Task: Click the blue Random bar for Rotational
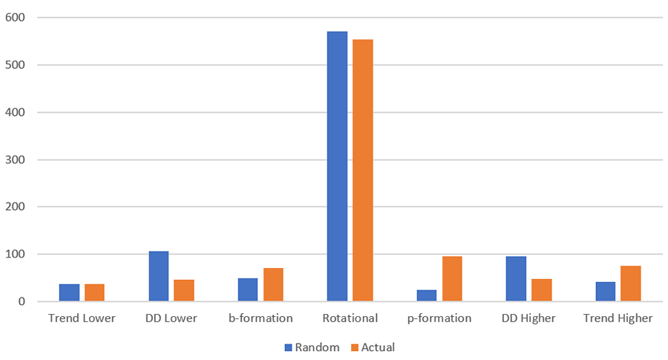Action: point(337,166)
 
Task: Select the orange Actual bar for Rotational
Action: point(363,171)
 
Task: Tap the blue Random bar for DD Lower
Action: point(158,276)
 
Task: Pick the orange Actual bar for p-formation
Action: point(452,279)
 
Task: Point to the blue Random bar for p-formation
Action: point(427,295)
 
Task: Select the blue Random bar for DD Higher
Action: point(516,279)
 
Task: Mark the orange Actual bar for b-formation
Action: point(273,285)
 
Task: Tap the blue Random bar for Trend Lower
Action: point(69,292)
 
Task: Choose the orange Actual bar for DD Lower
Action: point(184,290)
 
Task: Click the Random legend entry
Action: point(311,347)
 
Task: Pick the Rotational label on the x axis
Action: point(350,318)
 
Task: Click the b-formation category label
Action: point(261,318)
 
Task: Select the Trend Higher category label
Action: point(618,318)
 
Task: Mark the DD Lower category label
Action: point(171,318)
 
